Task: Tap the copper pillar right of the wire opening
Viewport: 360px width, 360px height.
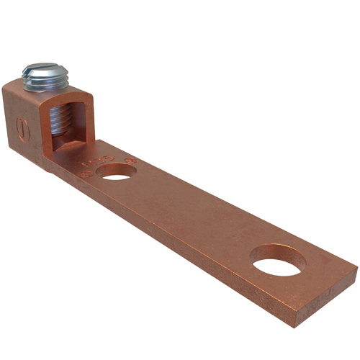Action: (x=86, y=122)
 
